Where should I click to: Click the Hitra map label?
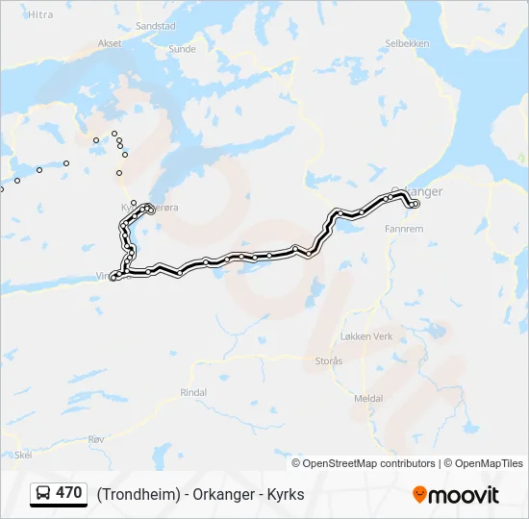click(40, 14)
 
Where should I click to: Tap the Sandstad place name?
click(156, 26)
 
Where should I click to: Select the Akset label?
click(110, 43)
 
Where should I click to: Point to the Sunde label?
click(182, 48)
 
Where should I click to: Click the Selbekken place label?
click(407, 43)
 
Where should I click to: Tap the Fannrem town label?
click(403, 230)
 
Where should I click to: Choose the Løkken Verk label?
click(366, 336)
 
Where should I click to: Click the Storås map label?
click(328, 360)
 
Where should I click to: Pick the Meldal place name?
click(368, 398)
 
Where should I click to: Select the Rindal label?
click(193, 392)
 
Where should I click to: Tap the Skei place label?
click(23, 455)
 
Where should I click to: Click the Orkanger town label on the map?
click(419, 191)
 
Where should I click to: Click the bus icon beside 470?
click(43, 494)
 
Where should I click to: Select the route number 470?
click(68, 493)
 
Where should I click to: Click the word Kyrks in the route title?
click(286, 494)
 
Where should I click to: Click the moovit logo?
click(456, 494)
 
